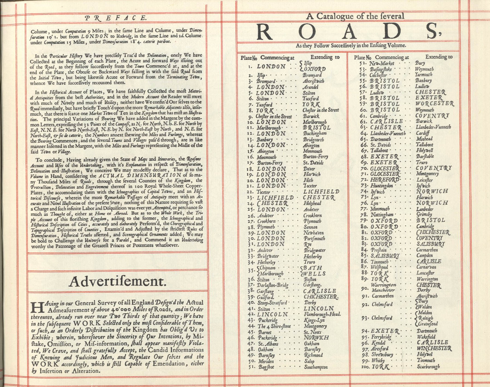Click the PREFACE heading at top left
[x=116, y=18]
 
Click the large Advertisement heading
[x=117, y=281]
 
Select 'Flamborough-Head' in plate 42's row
[x=322, y=314]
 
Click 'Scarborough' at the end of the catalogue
[x=428, y=367]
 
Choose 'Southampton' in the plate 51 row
[x=316, y=367]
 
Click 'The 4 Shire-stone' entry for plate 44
[x=274, y=326]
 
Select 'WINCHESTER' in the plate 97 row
[x=434, y=348]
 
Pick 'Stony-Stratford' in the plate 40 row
[x=272, y=303]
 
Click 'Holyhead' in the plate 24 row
[x=312, y=203]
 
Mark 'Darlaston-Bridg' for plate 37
[x=272, y=285]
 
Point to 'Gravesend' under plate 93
[x=428, y=324]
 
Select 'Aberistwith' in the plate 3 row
[x=313, y=81]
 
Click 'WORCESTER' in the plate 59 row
[x=435, y=104]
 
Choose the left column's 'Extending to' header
[x=325, y=57]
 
